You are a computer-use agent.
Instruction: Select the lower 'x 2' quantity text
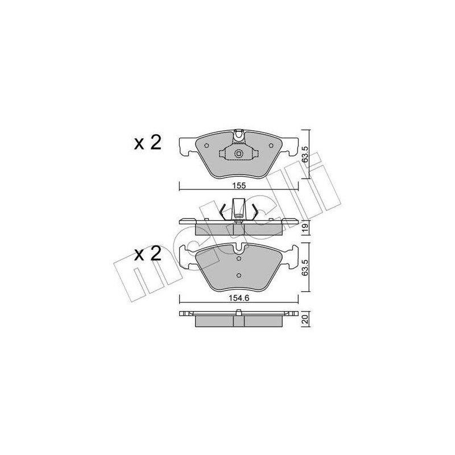point(147,254)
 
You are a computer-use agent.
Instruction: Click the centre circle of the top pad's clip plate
point(239,154)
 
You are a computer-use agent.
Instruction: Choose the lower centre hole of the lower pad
point(239,276)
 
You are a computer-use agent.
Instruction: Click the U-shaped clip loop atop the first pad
point(239,135)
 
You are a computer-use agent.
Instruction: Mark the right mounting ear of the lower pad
point(294,257)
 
